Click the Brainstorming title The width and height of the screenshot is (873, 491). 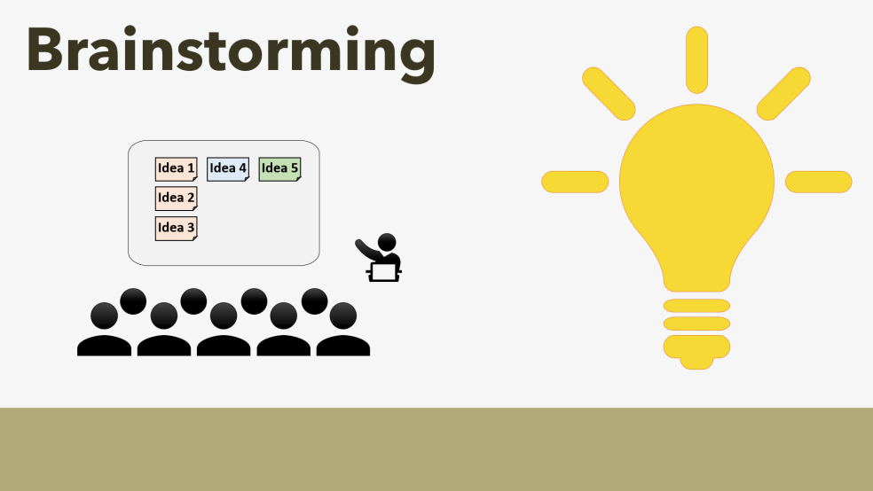click(x=231, y=51)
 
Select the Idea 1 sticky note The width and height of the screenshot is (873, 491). click(x=176, y=168)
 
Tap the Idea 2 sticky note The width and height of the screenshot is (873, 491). click(x=176, y=198)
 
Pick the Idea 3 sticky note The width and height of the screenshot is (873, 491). click(x=176, y=228)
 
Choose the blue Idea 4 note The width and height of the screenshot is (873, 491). click(x=228, y=168)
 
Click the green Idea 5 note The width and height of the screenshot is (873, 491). click(x=279, y=168)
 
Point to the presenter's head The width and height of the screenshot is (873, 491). click(x=387, y=242)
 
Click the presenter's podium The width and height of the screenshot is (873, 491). click(x=384, y=271)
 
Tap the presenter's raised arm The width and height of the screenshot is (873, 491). click(x=366, y=248)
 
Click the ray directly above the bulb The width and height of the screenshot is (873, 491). click(x=696, y=58)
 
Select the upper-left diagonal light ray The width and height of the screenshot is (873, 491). click(x=609, y=93)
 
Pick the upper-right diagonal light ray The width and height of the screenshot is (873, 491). click(x=783, y=93)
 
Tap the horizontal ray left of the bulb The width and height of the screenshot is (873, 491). click(x=575, y=182)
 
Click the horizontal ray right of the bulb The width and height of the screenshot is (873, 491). click(x=818, y=182)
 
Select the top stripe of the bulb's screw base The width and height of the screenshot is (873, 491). click(x=696, y=306)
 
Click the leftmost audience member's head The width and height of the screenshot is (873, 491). click(x=104, y=316)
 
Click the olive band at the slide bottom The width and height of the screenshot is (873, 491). click(x=436, y=449)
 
